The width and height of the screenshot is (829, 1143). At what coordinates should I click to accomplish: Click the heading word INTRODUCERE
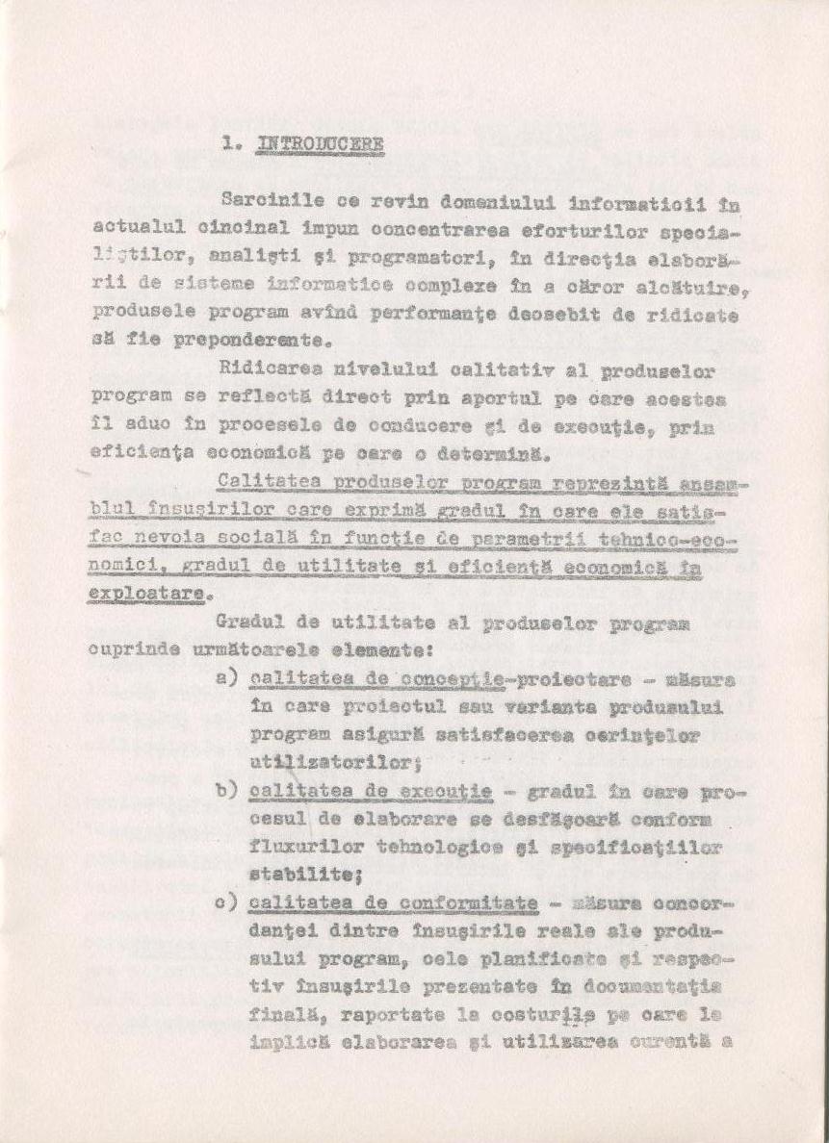[x=321, y=145]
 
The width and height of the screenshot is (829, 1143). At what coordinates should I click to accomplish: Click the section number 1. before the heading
[x=233, y=144]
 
